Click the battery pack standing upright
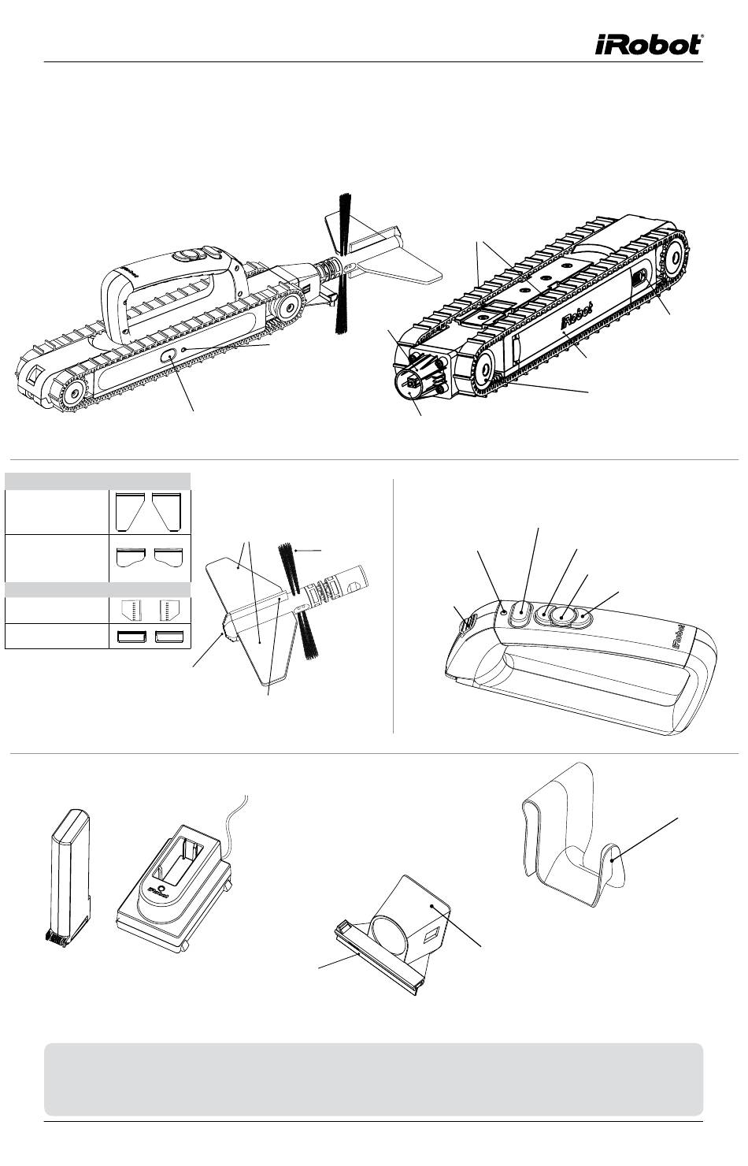69,874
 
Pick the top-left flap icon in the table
128,511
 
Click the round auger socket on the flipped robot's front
411,384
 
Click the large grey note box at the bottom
373,1079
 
